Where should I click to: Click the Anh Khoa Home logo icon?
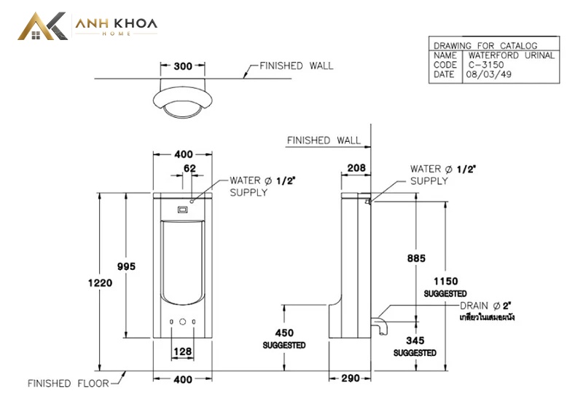click(43, 26)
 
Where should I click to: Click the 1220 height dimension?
click(100, 283)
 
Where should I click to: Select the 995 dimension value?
click(126, 266)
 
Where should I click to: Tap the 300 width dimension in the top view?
click(183, 66)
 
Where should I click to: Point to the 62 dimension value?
click(189, 168)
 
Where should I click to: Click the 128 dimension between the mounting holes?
click(183, 351)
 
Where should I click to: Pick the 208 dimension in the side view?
click(356, 168)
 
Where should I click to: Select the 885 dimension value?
click(416, 258)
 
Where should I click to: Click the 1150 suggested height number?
click(446, 282)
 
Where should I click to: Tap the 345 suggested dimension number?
click(415, 341)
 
